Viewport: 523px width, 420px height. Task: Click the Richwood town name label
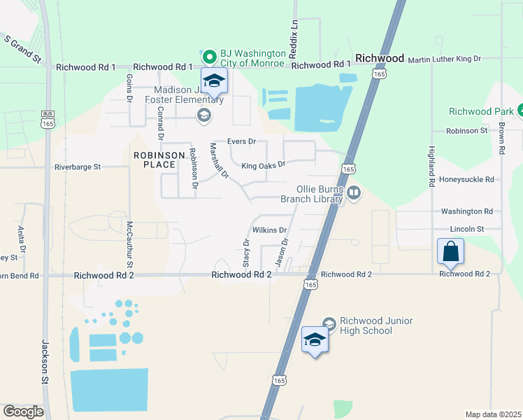coord(380,58)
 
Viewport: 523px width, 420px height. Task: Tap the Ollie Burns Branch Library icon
coord(353,192)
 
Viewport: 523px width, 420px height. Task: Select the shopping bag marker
coord(451,251)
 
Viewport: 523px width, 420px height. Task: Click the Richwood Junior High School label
coord(375,325)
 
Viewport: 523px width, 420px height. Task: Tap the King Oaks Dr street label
coord(264,165)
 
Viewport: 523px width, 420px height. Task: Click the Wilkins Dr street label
coord(270,230)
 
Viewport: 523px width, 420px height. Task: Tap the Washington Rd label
coord(467,211)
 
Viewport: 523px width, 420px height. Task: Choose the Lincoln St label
coord(467,229)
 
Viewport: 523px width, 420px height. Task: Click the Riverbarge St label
coord(78,167)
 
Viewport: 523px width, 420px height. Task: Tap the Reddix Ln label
coord(294,34)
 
